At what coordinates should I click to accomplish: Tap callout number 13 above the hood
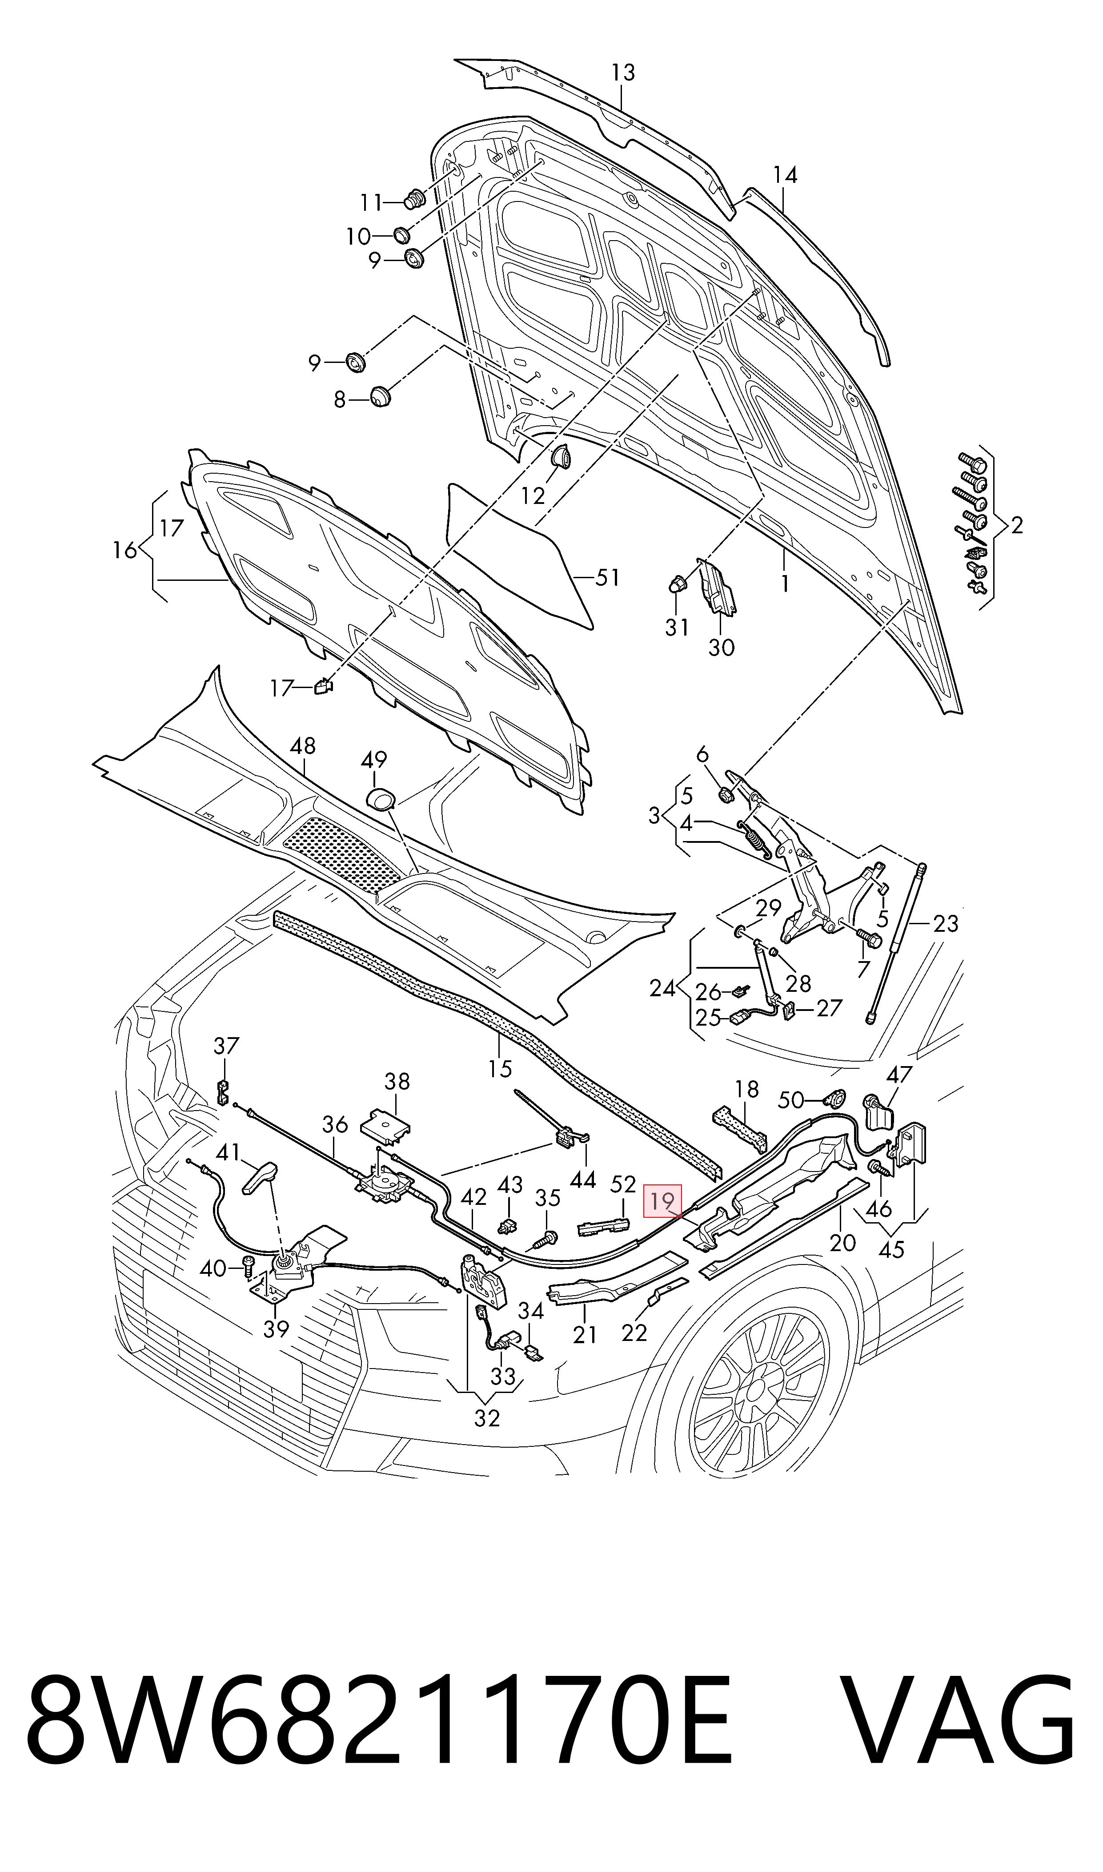pos(623,73)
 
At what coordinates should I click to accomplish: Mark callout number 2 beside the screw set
pos(1017,526)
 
